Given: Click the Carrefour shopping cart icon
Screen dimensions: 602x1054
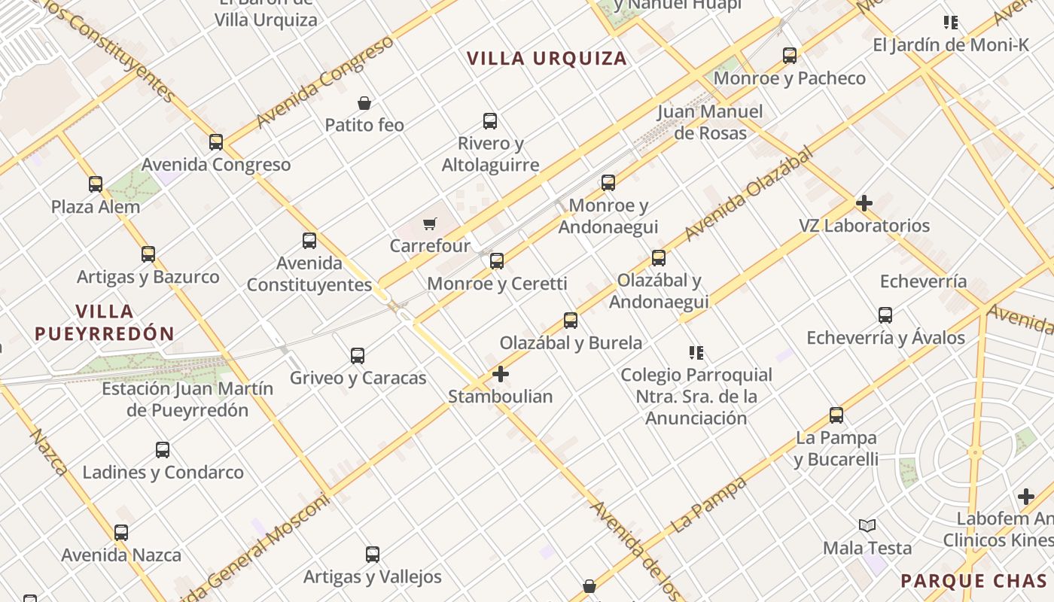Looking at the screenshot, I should (x=429, y=223).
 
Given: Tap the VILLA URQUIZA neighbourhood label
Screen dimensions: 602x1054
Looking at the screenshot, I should (x=547, y=59).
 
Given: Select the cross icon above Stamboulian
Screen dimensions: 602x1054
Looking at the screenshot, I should (x=500, y=374).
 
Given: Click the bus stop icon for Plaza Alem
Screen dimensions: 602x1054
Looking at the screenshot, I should (x=96, y=184).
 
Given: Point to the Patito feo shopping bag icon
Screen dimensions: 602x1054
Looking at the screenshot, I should (x=364, y=103).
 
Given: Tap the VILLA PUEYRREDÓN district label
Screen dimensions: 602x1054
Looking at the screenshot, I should (x=105, y=322).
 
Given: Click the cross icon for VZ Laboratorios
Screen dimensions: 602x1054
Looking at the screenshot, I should (x=864, y=203).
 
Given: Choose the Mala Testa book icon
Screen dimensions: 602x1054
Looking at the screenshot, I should (x=867, y=525).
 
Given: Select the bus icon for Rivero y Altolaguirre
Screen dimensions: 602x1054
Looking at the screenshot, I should (x=490, y=121).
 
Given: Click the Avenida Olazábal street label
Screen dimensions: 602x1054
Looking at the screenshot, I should (x=749, y=194).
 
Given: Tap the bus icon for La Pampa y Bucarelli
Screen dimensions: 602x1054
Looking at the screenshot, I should (x=836, y=415).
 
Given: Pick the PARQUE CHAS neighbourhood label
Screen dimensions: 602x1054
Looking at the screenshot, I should (x=973, y=581).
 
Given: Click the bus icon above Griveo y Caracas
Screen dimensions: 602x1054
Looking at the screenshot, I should (x=358, y=356).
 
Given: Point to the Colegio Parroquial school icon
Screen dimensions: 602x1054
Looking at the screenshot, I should (x=696, y=352).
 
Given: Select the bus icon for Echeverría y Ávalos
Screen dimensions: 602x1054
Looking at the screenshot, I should (x=885, y=315).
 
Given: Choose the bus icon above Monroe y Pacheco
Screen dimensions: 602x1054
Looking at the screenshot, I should (x=790, y=56).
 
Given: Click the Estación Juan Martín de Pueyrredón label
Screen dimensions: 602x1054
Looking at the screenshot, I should (x=187, y=400).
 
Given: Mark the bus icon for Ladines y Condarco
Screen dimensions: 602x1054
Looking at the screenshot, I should (x=163, y=451).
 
